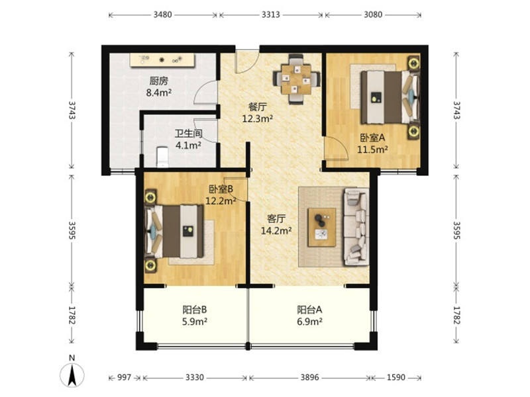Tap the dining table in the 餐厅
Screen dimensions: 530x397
296,79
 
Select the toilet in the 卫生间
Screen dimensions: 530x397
162,157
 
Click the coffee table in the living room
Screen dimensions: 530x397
321,227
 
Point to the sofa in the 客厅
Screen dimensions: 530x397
356,227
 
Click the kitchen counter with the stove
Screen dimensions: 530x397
163,60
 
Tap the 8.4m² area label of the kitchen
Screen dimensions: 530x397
159,92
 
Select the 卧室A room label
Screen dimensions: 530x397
372,138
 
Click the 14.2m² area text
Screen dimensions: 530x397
276,230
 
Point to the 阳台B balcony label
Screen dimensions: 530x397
195,310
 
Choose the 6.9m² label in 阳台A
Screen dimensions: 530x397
309,322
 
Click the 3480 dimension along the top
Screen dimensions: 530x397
162,15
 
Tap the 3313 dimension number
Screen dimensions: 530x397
271,15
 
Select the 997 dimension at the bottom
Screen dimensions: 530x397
124,377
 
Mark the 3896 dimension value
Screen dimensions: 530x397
309,377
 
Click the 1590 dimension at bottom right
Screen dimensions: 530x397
396,377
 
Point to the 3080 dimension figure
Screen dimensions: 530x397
373,15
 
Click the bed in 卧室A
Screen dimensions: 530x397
390,97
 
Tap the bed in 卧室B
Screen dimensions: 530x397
174,231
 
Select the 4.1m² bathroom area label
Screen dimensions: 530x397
189,146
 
